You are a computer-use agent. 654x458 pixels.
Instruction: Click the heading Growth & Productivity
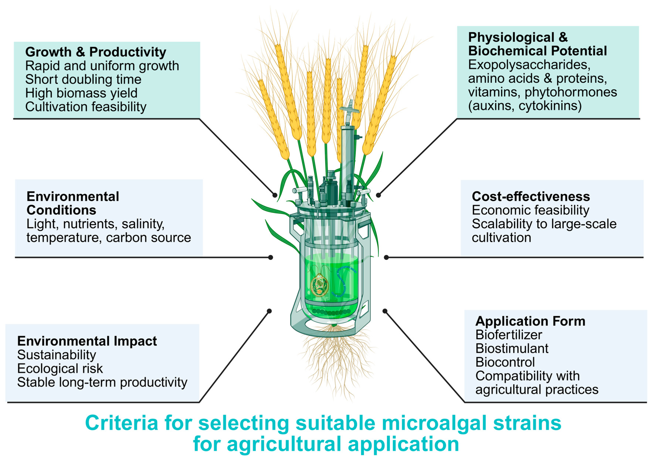coord(95,52)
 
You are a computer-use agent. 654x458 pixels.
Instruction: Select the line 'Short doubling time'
coord(83,79)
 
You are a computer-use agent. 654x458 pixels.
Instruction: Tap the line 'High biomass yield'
coord(81,93)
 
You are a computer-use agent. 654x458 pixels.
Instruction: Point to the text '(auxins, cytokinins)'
coord(525,106)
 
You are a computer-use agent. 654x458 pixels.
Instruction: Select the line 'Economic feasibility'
coord(530,210)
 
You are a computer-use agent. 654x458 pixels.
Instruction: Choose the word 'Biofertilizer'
coord(509,335)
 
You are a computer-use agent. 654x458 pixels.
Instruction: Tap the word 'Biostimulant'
coord(512,348)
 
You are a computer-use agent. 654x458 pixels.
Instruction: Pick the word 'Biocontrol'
coord(505,362)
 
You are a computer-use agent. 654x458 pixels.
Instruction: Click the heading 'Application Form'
coord(530,321)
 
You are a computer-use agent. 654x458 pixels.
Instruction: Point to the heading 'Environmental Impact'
coord(87,341)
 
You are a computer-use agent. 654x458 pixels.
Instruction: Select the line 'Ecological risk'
coord(60,369)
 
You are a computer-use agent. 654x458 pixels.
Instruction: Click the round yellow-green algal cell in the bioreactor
coord(319,285)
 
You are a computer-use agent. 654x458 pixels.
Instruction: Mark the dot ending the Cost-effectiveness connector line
coord(386,257)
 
